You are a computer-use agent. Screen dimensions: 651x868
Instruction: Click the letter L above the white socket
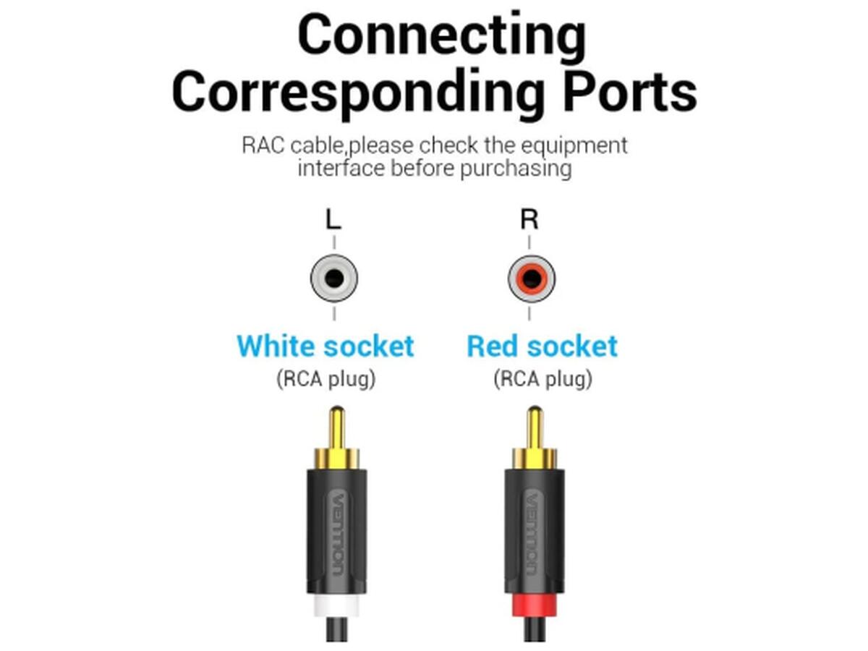pos(333,219)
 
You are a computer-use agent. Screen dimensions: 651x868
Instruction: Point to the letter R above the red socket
pos(529,219)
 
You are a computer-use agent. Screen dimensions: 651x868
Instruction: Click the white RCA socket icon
pos(333,278)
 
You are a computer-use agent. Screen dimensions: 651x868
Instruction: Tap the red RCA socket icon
pos(531,278)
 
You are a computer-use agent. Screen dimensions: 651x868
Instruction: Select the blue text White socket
pos(325,346)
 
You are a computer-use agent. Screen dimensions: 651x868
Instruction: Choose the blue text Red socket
pos(542,346)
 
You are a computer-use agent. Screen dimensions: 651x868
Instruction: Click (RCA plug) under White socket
pos(325,378)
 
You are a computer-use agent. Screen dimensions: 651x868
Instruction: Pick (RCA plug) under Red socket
pos(542,378)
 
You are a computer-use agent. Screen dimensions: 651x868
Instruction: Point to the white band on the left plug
pos(336,605)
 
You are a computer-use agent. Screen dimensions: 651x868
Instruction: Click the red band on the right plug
pos(534,605)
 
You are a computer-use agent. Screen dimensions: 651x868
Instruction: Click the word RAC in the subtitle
pos(263,145)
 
